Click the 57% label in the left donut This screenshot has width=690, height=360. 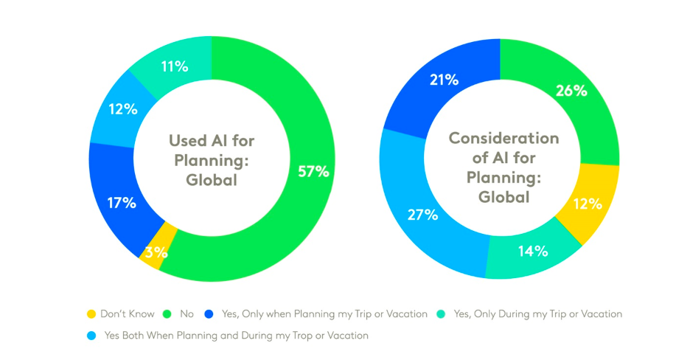click(314, 170)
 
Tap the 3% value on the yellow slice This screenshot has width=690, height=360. click(156, 252)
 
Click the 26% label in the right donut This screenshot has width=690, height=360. click(571, 91)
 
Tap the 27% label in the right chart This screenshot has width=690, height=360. click(422, 215)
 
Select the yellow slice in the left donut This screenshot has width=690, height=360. click(166, 240)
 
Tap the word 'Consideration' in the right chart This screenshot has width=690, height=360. click(503, 138)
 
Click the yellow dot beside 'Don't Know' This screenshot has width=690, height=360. click(91, 314)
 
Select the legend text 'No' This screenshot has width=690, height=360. click(186, 314)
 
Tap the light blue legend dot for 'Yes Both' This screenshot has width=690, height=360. click(91, 336)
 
